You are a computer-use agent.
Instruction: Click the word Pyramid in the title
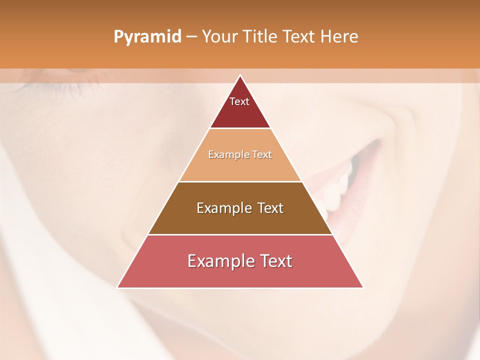[x=147, y=37]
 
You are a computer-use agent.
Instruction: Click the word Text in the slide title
[x=298, y=36]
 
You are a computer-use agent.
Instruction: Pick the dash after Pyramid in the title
[x=191, y=37]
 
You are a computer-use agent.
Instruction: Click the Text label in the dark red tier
[x=239, y=101]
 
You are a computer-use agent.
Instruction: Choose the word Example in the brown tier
[x=223, y=208]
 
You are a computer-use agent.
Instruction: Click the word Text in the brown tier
[x=271, y=208]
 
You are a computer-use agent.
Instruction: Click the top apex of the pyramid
[x=240, y=75]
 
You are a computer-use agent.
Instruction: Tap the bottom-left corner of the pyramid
[x=117, y=287]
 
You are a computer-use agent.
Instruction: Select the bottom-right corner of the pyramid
[x=362, y=287]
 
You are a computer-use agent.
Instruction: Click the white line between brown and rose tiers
[x=240, y=234]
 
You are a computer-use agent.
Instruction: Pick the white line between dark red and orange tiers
[x=240, y=128]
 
